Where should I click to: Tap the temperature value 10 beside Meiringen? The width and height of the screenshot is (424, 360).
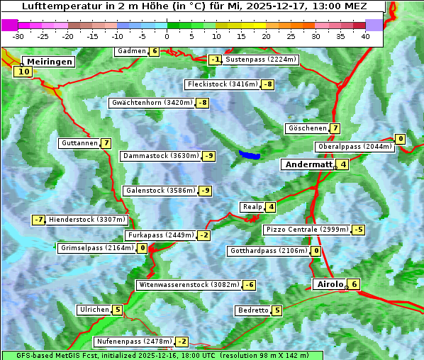pos(23,72)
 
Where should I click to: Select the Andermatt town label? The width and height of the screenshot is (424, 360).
pos(308,164)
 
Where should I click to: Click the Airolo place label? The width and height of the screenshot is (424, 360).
pos(330,284)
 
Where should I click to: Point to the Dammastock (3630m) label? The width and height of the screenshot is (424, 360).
pos(160,156)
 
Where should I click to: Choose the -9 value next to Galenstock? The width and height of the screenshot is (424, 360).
pos(205,191)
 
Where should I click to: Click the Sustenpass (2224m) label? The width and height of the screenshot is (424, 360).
pos(261,60)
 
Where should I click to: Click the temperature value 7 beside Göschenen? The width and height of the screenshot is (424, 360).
pos(335,129)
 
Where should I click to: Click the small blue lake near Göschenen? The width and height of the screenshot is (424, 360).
pos(250,154)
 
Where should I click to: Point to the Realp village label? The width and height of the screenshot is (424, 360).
pos(252,207)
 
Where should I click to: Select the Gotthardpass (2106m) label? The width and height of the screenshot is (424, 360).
pos(268,251)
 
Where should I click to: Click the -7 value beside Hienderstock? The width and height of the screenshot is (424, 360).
pos(38,220)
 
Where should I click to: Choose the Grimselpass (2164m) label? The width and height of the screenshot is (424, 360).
pos(96,248)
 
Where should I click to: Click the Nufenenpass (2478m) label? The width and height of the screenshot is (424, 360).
pos(133,342)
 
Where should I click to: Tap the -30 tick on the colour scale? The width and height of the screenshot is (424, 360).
pos(18,35)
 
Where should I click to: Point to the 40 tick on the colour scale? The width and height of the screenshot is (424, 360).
pos(365,35)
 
